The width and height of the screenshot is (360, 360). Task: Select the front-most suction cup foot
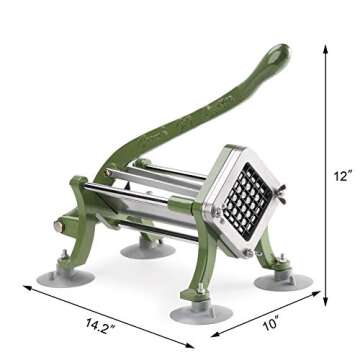coord(201,314)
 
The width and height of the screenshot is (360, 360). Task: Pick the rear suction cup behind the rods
coord(148,247)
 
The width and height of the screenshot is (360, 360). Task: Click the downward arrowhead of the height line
coord(325,300)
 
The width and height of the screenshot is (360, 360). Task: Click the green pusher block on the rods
coord(183,206)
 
